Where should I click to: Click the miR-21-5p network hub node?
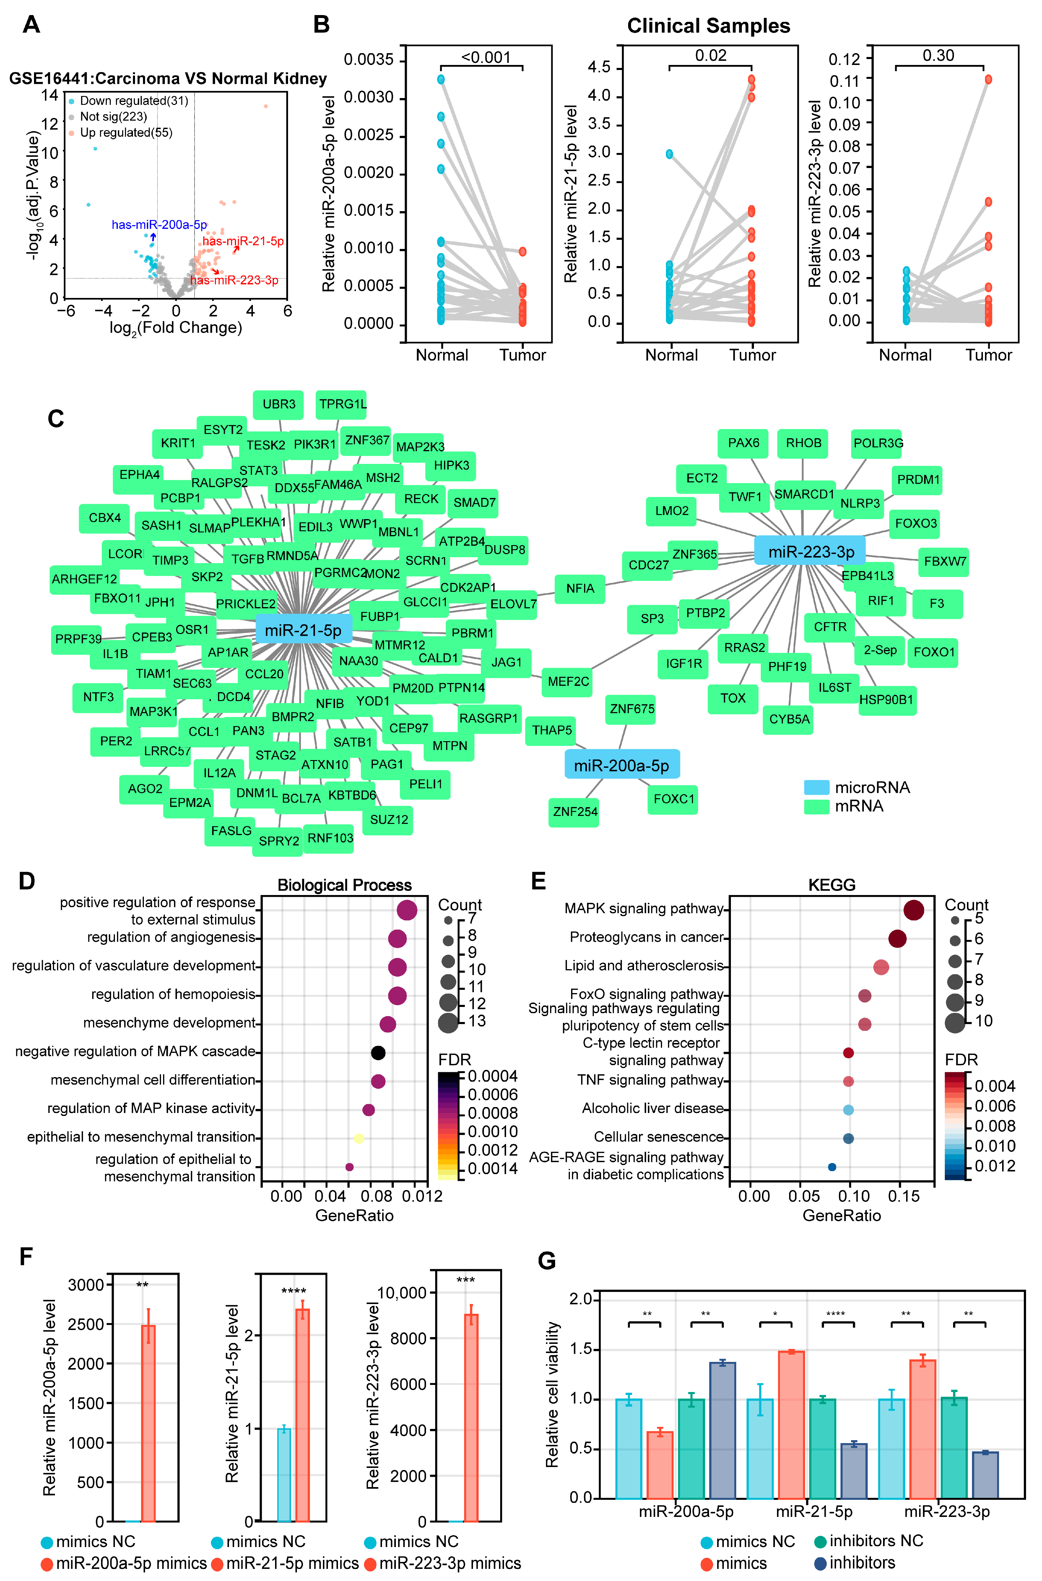click(x=303, y=630)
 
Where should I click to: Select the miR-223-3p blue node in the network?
click(x=810, y=551)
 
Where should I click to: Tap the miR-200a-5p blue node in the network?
click(x=621, y=765)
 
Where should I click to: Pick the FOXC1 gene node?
click(x=673, y=798)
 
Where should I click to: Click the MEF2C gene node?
click(x=568, y=682)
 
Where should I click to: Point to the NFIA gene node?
click(x=580, y=589)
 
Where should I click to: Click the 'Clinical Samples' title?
click(x=708, y=26)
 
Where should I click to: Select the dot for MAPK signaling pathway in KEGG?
click(x=914, y=910)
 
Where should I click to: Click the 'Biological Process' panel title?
click(x=344, y=885)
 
